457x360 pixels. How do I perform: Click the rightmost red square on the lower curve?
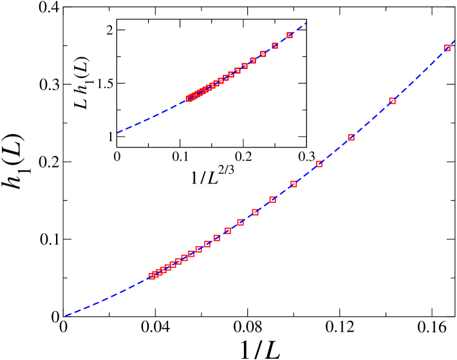coord(447,48)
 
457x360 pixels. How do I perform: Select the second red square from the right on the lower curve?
coord(392,100)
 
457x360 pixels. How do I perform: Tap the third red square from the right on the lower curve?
coord(351,137)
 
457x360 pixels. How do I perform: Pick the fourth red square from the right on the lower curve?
coord(319,164)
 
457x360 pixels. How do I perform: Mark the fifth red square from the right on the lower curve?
coord(294,184)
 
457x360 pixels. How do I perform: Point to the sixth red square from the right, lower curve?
coord(273,200)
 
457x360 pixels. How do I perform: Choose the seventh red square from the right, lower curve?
coord(255,212)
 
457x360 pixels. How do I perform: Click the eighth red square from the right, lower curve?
coord(241,222)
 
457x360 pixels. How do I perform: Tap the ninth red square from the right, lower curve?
coord(228,231)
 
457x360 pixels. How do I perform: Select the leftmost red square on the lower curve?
coord(152,276)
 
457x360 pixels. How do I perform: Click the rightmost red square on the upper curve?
coord(290,35)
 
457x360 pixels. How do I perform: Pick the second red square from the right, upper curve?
coord(275,46)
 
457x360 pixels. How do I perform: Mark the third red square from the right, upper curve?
coord(263,54)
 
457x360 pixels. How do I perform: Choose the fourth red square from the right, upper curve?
coord(253,61)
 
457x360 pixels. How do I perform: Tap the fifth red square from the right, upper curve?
coord(245,66)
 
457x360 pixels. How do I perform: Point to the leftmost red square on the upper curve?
coord(189,99)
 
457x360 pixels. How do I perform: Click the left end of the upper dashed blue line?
coord(118,133)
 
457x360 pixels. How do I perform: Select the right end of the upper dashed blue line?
coord(305,24)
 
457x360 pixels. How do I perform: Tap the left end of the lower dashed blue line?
coord(66,316)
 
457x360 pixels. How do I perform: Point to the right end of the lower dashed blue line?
coord(454,41)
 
